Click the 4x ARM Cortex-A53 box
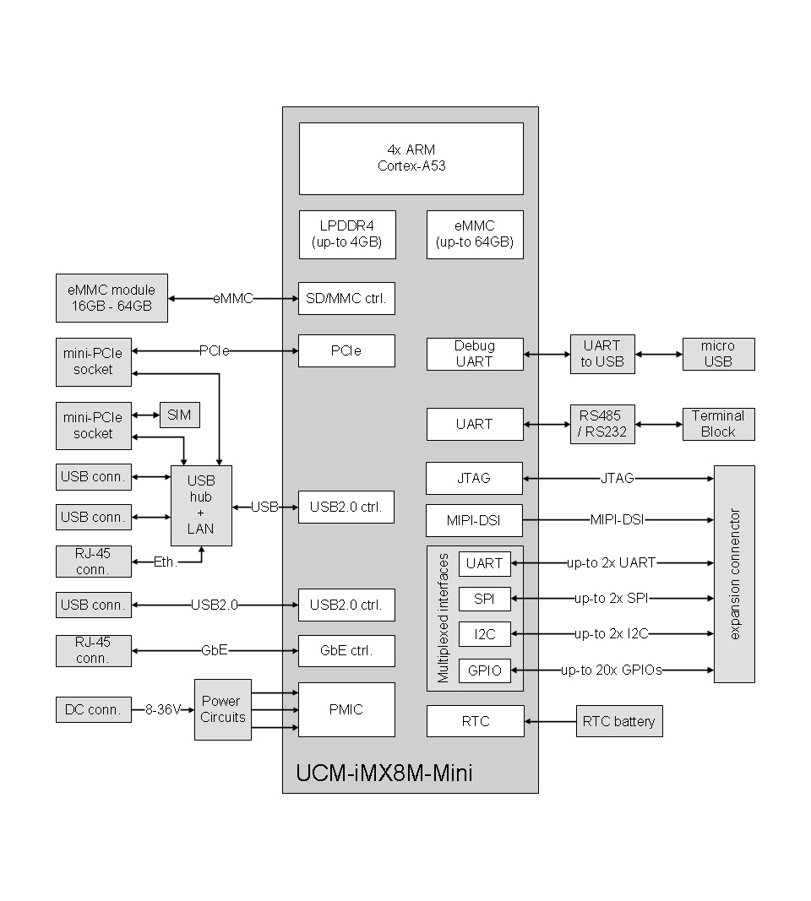click(x=411, y=158)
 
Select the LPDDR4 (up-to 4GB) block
click(x=346, y=235)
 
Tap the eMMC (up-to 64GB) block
click(x=474, y=235)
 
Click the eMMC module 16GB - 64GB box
click(x=112, y=298)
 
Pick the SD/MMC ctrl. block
click(x=346, y=298)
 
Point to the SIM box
click(x=179, y=415)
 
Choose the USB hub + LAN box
click(x=201, y=505)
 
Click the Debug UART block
click(x=474, y=354)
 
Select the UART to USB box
click(x=601, y=354)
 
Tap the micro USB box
click(x=717, y=354)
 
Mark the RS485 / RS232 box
click(x=601, y=424)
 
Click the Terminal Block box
click(x=717, y=424)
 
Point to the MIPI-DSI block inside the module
click(x=474, y=520)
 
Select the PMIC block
click(x=346, y=709)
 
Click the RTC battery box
click(x=618, y=721)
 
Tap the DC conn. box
click(x=94, y=710)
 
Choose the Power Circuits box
click(x=222, y=709)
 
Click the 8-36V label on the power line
click(x=162, y=710)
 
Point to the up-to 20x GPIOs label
click(x=612, y=670)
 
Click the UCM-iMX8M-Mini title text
click(x=384, y=773)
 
